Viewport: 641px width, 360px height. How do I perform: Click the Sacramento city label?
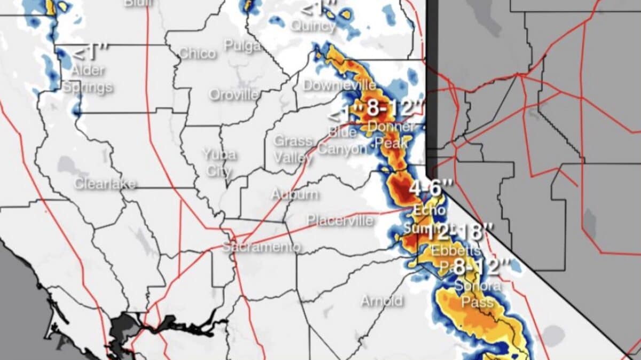coord(261,247)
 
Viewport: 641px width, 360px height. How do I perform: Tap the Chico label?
coord(197,53)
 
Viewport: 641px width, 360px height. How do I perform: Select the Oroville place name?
coord(234,95)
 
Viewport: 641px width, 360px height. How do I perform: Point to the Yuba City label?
coord(219,162)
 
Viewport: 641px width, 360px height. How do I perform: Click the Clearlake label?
coord(105,184)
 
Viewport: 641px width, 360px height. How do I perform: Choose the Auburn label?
coord(295,194)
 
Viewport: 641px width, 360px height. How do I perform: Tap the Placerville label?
coord(340,220)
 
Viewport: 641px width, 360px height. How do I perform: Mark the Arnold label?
coord(381,301)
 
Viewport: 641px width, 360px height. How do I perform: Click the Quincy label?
coord(314,26)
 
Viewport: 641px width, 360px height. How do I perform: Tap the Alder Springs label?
coord(88,78)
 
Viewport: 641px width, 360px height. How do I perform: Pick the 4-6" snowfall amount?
coord(431,188)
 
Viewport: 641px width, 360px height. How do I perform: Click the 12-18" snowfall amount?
coord(458,232)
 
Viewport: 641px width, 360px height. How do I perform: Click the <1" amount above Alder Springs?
coord(89,52)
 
